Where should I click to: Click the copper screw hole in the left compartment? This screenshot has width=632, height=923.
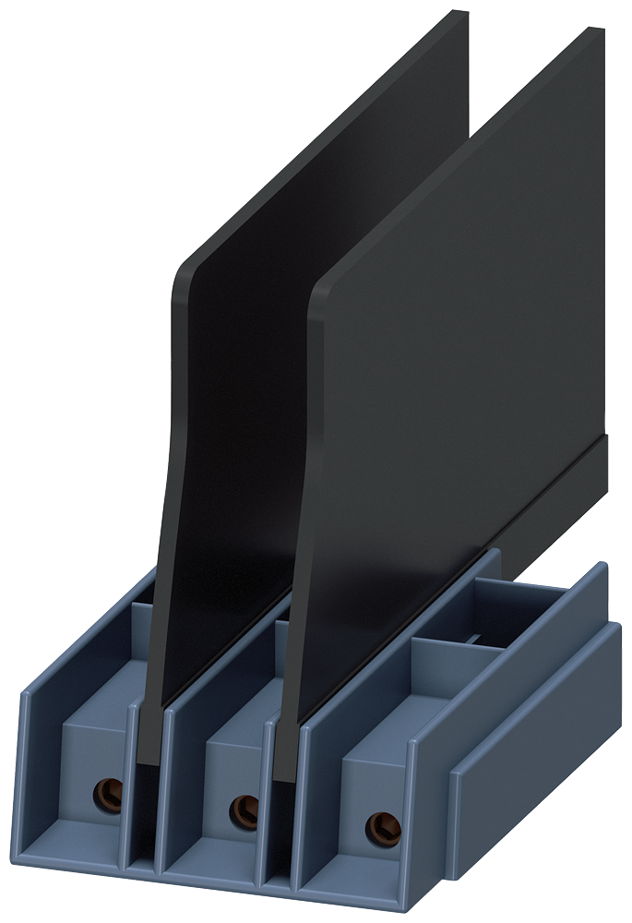[x=109, y=791]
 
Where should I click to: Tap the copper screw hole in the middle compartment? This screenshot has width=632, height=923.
[x=244, y=809]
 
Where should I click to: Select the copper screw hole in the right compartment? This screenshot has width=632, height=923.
[x=376, y=823]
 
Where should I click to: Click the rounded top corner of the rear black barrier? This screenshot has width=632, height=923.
[x=185, y=268]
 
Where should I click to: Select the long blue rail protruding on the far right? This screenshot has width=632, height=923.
[x=535, y=729]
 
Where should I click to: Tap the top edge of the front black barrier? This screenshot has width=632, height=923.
[x=461, y=157]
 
